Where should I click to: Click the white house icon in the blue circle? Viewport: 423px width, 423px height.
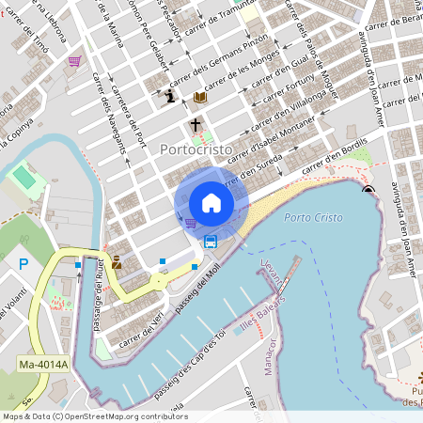[211, 202]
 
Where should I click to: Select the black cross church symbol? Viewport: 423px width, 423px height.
[196, 125]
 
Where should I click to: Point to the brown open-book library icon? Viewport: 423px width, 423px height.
[199, 97]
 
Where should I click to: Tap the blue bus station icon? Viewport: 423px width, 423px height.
[211, 242]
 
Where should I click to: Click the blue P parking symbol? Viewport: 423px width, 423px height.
[23, 264]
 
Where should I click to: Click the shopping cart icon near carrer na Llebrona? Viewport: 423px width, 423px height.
[73, 61]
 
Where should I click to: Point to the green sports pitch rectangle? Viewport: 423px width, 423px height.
[23, 176]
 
